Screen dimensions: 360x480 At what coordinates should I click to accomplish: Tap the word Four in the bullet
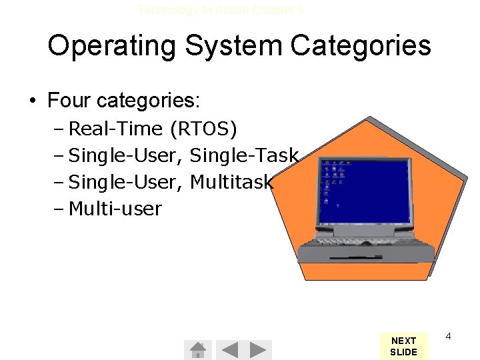tap(69, 101)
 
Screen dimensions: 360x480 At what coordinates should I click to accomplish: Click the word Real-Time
tap(116, 128)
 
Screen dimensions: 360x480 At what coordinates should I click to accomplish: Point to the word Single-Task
tap(244, 155)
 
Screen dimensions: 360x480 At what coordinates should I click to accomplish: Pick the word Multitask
tap(231, 182)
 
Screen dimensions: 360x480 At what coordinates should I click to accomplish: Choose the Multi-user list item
tap(115, 209)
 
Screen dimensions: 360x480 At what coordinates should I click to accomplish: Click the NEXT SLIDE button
tap(403, 346)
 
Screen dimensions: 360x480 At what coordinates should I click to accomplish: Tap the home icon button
tap(197, 349)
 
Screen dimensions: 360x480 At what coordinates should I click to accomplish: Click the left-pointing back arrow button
tap(229, 349)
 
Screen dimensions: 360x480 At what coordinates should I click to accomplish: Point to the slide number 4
tap(448, 337)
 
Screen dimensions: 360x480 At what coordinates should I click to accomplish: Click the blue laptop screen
tap(363, 193)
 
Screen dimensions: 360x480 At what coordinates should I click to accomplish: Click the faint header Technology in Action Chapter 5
tap(221, 10)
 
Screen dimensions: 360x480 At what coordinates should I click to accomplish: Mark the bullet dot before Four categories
tap(31, 101)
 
